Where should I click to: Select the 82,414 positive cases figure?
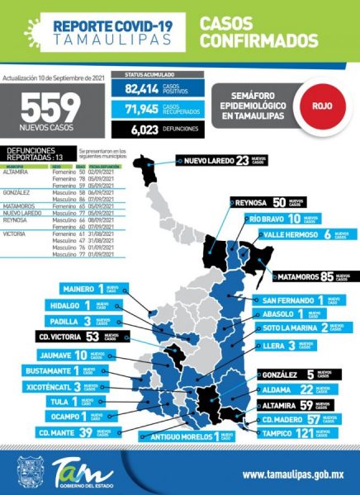point(141,88)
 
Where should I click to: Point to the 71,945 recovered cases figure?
point(141,108)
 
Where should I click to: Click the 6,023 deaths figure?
point(144,129)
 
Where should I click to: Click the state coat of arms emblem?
point(31,474)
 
